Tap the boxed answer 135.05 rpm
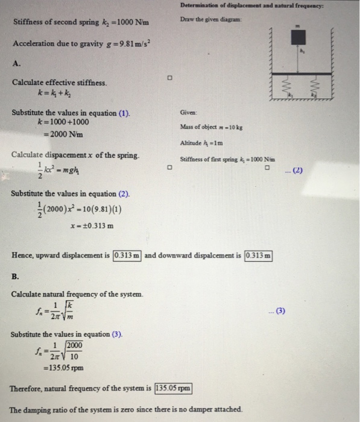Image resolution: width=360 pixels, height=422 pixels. [x=172, y=387]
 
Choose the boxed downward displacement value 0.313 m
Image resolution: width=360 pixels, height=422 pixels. [x=259, y=255]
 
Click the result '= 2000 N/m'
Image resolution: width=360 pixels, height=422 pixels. [x=57, y=133]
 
